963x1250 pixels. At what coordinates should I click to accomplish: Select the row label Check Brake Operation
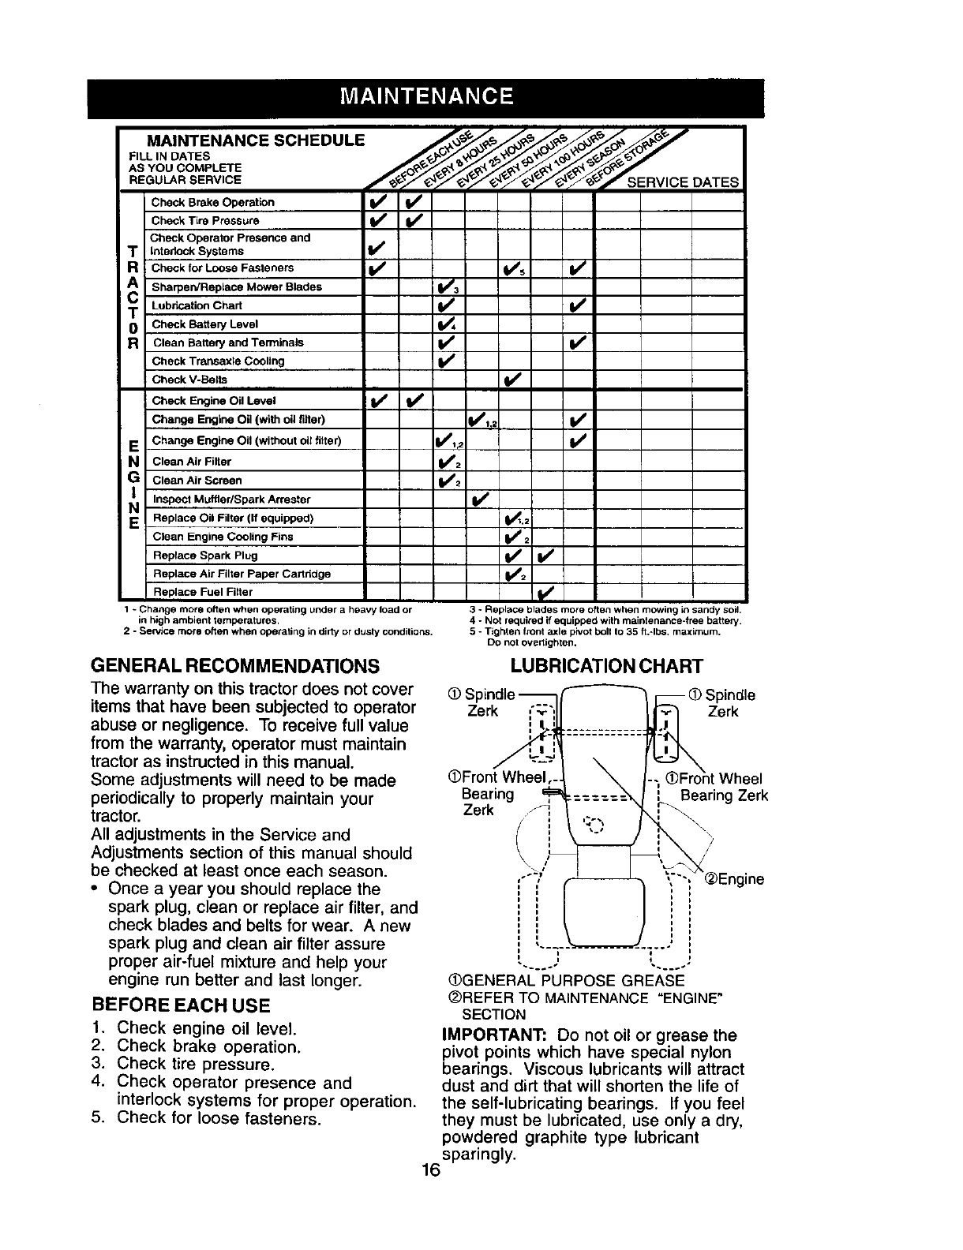click(212, 202)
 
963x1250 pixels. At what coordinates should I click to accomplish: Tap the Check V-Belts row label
click(189, 380)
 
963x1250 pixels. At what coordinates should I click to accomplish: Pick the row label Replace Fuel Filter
click(202, 592)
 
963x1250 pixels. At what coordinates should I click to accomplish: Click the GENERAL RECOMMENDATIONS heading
click(236, 665)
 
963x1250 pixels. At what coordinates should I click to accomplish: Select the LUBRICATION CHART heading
click(606, 666)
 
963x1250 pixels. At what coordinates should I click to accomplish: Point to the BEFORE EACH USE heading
click(181, 1005)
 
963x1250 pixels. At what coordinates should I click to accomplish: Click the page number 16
click(430, 1170)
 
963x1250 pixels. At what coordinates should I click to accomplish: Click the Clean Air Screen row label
click(197, 481)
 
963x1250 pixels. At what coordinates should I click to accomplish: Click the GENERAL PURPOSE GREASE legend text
click(566, 980)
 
